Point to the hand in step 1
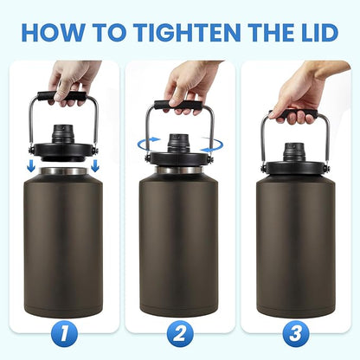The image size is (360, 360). point(69,79)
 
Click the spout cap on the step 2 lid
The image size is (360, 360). point(180,140)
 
